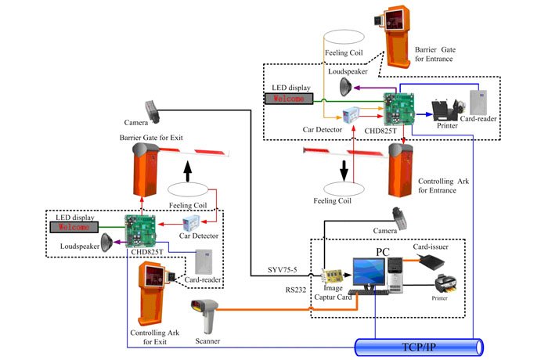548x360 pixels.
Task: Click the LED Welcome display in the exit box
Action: pyautogui.click(x=74, y=227)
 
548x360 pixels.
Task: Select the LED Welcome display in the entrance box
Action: pyautogui.click(x=288, y=99)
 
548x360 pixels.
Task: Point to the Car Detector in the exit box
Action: pyautogui.click(x=192, y=223)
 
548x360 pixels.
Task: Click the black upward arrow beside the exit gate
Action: pyautogui.click(x=186, y=169)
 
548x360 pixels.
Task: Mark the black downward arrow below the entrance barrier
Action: pyautogui.click(x=343, y=168)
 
